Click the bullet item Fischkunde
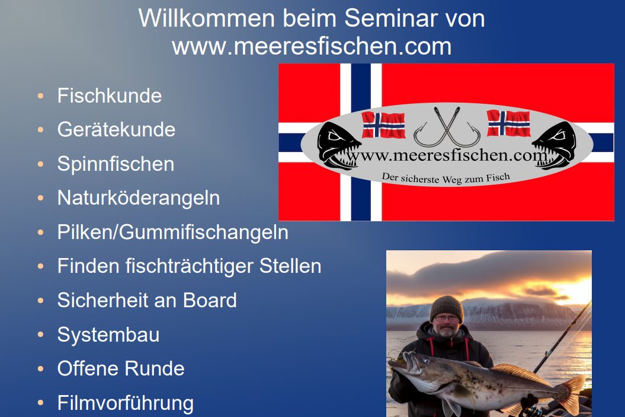pyautogui.click(x=109, y=96)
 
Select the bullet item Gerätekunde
pyautogui.click(x=116, y=130)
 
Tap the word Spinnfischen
pyautogui.click(x=116, y=164)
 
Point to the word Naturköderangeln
pyautogui.click(x=138, y=198)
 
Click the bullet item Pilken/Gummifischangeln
pyautogui.click(x=172, y=233)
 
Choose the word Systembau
pyautogui.click(x=108, y=335)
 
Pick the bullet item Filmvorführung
pyautogui.click(x=125, y=403)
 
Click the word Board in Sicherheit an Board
pyautogui.click(x=210, y=301)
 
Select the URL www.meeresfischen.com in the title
pyautogui.click(x=312, y=46)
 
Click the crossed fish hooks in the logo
pyautogui.click(x=447, y=127)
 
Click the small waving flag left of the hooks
pyautogui.click(x=383, y=125)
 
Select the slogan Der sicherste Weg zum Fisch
pyautogui.click(x=445, y=178)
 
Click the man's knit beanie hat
pyautogui.click(x=447, y=308)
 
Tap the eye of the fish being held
pyautogui.click(x=426, y=361)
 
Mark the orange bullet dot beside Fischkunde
pyautogui.click(x=40, y=96)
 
